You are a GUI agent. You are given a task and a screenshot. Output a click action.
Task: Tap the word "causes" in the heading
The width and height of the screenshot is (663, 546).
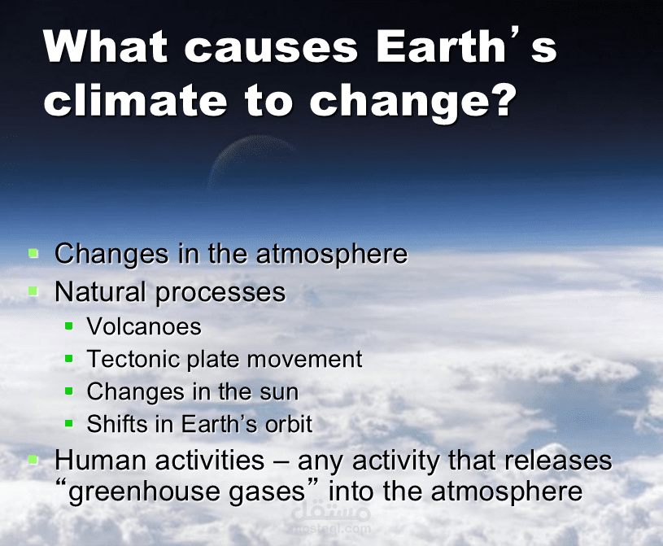point(271,50)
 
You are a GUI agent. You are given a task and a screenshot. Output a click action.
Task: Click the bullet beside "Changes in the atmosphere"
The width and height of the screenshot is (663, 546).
point(33,254)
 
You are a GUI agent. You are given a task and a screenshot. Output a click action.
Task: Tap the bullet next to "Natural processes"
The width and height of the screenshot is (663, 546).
point(33,291)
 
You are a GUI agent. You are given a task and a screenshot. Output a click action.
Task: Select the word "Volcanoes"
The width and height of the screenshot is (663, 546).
point(144,326)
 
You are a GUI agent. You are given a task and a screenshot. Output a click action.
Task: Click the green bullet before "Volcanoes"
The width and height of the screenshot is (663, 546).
point(69,326)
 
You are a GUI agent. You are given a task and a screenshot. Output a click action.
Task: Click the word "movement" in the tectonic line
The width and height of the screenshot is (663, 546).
point(304,360)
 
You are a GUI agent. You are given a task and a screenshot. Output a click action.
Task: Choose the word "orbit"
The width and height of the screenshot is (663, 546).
point(289,424)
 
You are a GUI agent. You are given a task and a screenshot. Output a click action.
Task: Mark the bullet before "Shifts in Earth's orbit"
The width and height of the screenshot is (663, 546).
point(69,423)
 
